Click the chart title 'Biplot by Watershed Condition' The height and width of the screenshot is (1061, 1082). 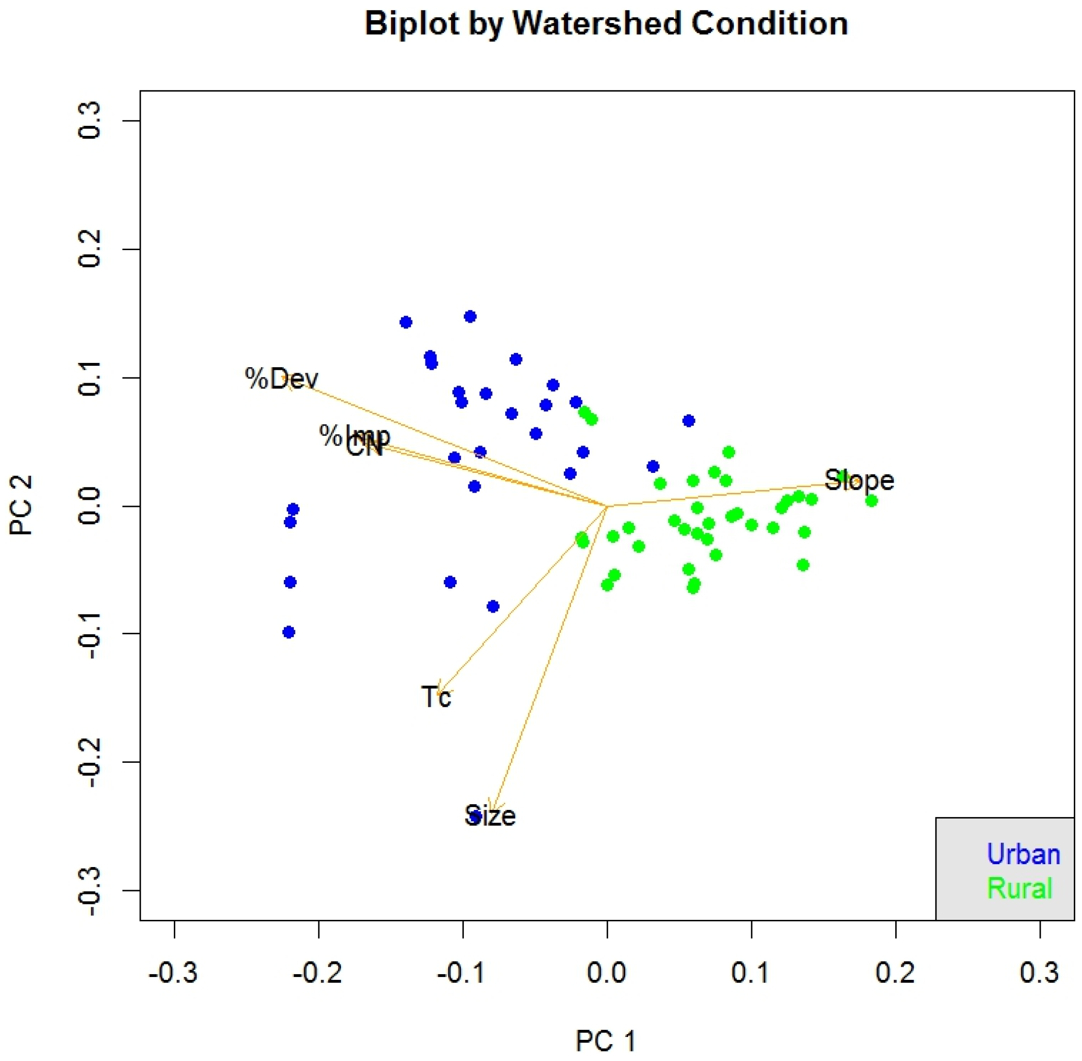pos(606,24)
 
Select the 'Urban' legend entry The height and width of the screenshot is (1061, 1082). pos(1022,854)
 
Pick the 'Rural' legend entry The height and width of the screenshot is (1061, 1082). pos(1019,888)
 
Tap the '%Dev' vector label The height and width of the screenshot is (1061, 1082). pos(281,379)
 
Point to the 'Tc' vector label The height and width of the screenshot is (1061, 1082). pos(436,697)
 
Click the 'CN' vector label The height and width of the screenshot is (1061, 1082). pos(364,447)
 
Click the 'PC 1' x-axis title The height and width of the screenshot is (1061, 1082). pos(606,1041)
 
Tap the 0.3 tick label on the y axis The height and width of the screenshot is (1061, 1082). pos(89,121)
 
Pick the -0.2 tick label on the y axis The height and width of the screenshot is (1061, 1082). pos(89,762)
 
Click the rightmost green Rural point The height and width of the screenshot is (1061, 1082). pos(871,501)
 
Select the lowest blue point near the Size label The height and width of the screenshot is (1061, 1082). pos(475,816)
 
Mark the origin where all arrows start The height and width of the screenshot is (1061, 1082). pos(607,506)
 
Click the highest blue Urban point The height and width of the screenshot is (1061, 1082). pos(470,316)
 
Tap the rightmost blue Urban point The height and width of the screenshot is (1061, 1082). pos(689,421)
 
